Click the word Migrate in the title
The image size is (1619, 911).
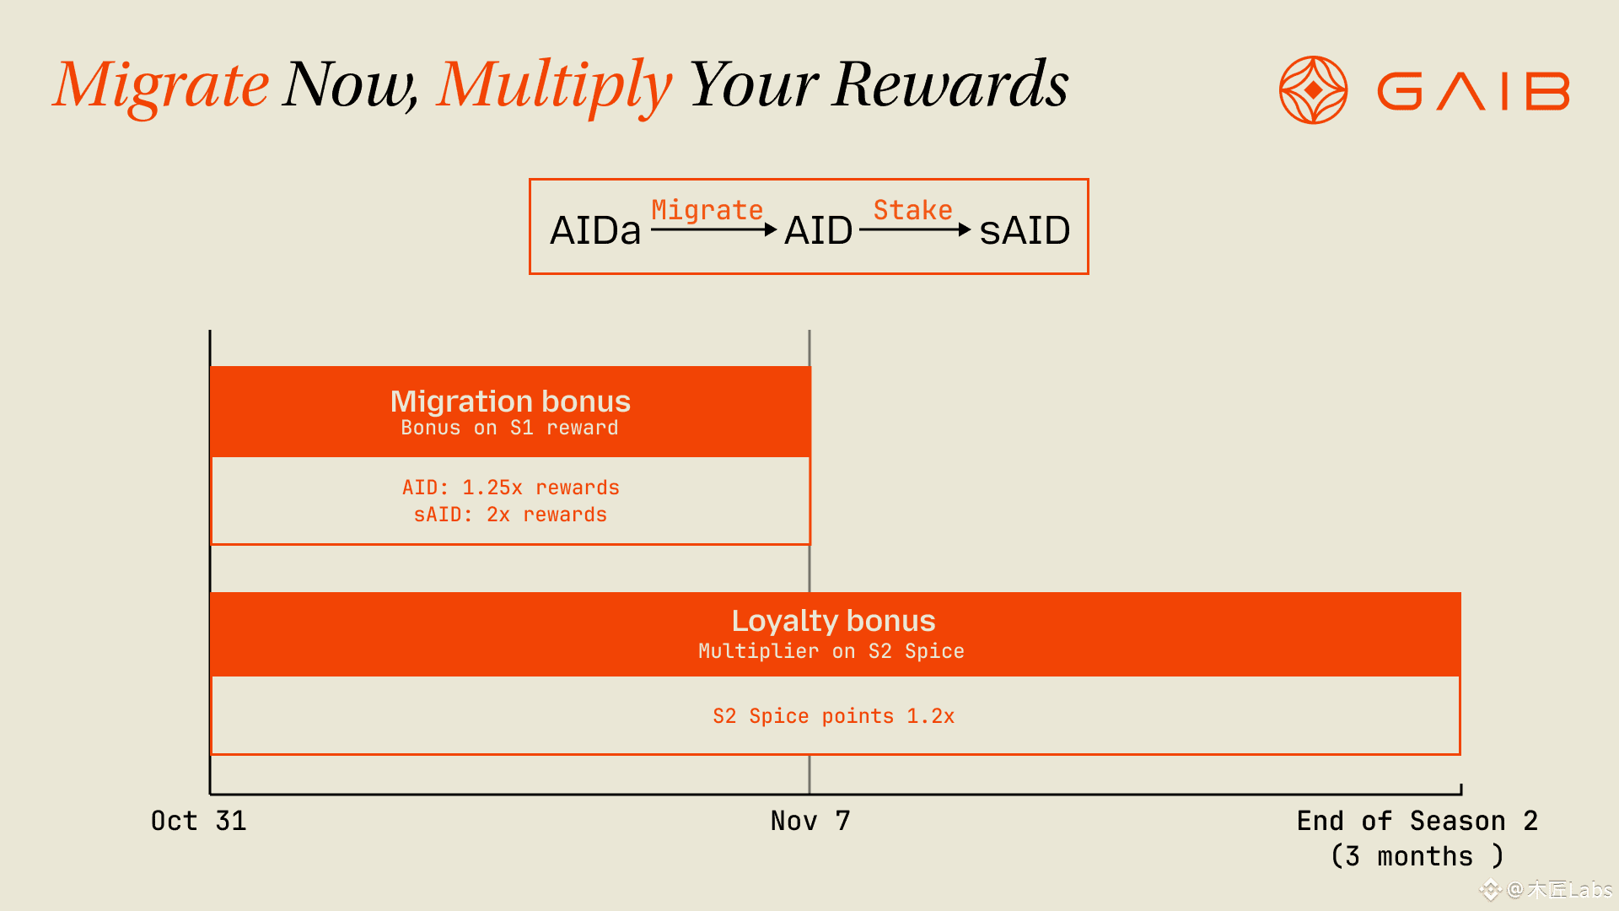[161, 86]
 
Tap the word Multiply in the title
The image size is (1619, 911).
[554, 86]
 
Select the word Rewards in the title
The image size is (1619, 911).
[950, 84]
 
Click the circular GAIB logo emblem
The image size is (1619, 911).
[1313, 90]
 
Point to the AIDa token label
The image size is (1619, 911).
[595, 230]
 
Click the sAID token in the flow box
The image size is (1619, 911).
[1025, 230]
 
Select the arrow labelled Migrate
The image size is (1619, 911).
[713, 229]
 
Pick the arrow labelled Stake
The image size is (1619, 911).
[915, 229]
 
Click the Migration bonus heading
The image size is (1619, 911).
[510, 401]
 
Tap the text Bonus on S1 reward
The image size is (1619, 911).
[509, 428]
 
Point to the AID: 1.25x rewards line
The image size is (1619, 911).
[510, 488]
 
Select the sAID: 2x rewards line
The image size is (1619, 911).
[510, 515]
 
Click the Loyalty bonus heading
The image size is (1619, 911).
[833, 621]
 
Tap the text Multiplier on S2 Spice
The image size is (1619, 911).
[831, 651]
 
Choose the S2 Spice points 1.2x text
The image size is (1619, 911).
[833, 716]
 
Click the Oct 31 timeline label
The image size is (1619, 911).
[198, 821]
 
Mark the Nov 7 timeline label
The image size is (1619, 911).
[810, 821]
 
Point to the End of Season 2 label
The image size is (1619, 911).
[1417, 821]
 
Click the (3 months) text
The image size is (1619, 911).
[1417, 856]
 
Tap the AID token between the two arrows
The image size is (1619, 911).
[818, 230]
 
